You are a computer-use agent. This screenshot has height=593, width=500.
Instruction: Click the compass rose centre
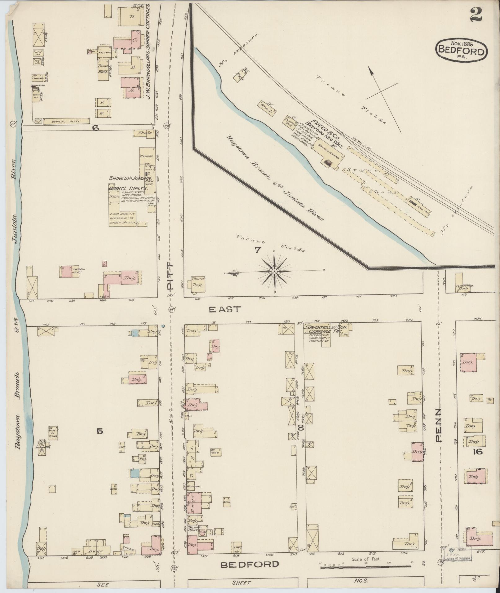tap(274, 272)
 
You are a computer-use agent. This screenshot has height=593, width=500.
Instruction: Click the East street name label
tap(224, 309)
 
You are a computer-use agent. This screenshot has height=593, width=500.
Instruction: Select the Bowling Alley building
tap(66, 121)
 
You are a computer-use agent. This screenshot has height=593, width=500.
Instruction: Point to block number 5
tap(100, 431)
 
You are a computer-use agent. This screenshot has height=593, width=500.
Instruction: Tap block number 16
tap(477, 452)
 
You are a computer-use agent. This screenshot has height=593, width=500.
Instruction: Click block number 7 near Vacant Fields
tap(258, 250)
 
